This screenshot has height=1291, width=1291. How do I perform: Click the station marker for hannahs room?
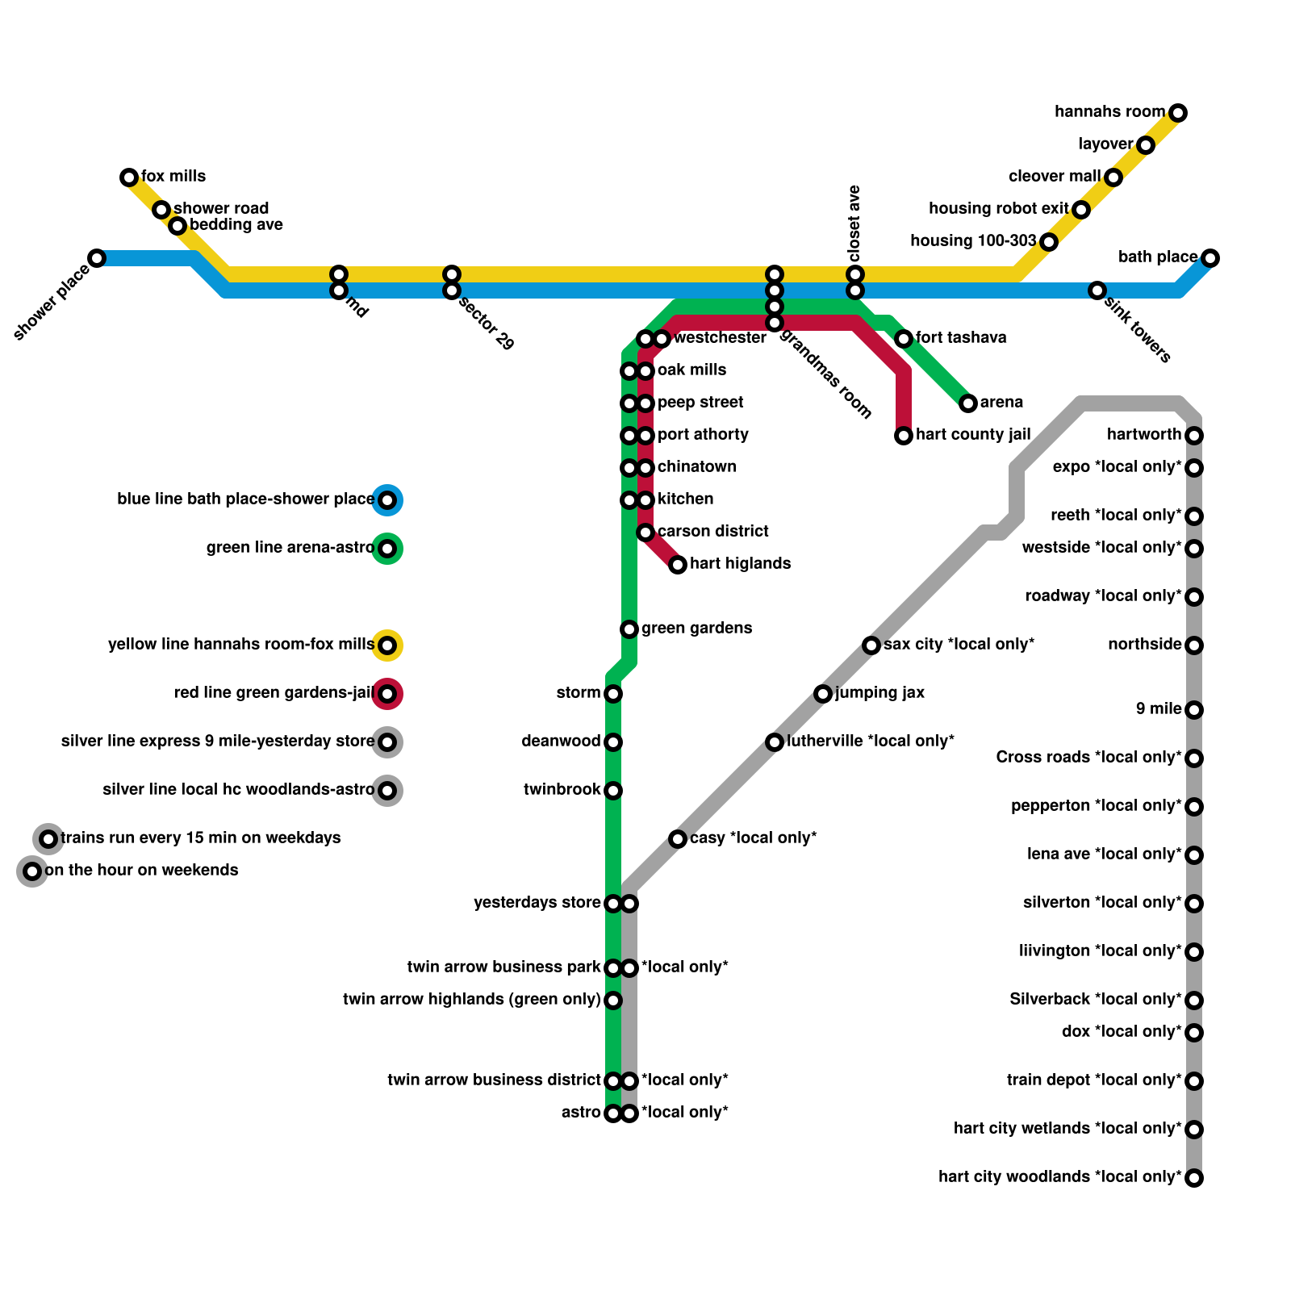(1178, 113)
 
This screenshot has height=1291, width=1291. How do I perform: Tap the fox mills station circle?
(129, 178)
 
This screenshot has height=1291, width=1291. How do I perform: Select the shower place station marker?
(97, 258)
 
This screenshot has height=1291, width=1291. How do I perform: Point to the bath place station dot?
(1210, 258)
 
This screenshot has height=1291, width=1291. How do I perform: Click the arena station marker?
(968, 403)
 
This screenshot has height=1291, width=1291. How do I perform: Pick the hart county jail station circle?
(904, 436)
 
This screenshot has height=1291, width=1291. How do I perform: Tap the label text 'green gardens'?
(696, 629)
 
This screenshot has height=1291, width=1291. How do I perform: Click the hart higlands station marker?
(678, 565)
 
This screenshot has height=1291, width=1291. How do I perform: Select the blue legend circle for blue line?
(387, 500)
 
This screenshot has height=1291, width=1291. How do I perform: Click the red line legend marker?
(387, 694)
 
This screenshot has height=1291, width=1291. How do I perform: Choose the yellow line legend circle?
(387, 645)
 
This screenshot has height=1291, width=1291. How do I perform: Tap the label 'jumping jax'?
(879, 693)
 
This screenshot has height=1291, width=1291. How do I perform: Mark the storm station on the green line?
(613, 694)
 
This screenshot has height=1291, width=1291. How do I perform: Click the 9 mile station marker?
(1194, 710)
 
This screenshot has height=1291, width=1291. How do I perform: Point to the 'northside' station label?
(1144, 645)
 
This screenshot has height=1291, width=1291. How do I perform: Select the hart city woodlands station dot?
(1194, 1178)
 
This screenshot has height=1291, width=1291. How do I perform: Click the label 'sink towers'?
(1138, 329)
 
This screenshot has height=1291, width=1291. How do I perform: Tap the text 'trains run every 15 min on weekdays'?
(200, 838)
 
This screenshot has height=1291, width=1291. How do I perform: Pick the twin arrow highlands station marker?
(613, 1001)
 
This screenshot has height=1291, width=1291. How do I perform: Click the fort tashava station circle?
(904, 339)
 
